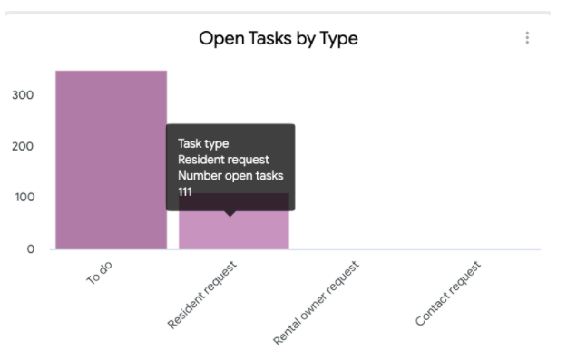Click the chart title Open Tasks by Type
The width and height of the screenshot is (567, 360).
[278, 38]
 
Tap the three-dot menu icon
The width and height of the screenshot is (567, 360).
[527, 38]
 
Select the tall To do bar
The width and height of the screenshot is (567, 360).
[111, 160]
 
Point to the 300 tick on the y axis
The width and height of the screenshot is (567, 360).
[24, 95]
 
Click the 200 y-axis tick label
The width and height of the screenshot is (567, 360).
[24, 146]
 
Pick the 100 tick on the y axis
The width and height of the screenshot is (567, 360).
[24, 198]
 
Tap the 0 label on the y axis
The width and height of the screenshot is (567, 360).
[30, 248]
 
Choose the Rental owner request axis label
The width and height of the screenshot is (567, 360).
[316, 303]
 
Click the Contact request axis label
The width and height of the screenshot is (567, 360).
[447, 294]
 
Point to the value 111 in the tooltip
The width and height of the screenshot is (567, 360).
[185, 192]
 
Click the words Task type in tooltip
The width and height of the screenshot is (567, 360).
[203, 143]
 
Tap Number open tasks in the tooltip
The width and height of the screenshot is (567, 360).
[230, 176]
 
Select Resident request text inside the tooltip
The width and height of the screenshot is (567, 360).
[223, 160]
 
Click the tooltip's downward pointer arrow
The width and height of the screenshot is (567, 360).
[230, 213]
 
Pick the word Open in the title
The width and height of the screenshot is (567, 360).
[219, 39]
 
